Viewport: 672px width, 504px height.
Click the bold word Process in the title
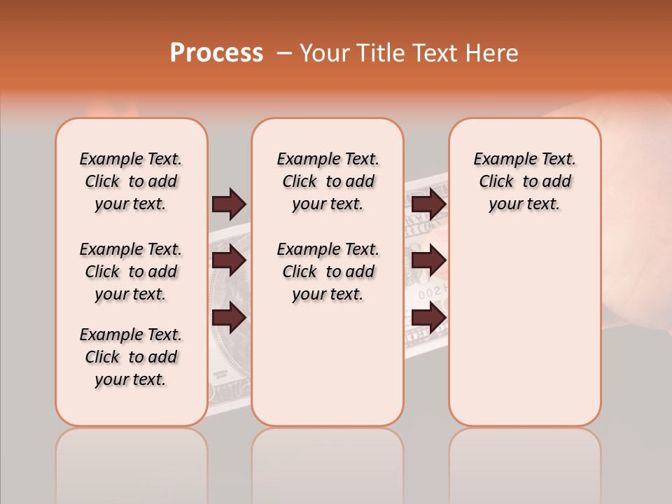(x=216, y=53)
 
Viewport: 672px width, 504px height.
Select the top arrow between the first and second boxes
(x=229, y=204)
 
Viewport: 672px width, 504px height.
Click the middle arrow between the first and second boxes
(x=229, y=260)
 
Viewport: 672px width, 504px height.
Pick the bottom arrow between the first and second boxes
(x=229, y=318)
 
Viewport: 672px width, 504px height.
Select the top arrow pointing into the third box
(x=428, y=204)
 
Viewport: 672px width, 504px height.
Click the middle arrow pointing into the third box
(x=428, y=260)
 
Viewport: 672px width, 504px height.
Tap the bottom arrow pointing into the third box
(x=428, y=318)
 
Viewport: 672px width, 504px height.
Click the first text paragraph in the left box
(x=131, y=181)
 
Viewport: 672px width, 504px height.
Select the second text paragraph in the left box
(x=131, y=272)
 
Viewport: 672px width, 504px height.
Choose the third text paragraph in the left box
(x=131, y=357)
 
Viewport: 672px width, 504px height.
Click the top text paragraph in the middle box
(x=328, y=181)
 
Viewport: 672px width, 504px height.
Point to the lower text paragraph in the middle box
(x=328, y=272)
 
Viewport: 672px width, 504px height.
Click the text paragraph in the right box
(x=524, y=181)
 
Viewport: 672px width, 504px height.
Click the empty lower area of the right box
(x=524, y=329)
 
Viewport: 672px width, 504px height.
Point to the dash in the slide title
(x=284, y=54)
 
